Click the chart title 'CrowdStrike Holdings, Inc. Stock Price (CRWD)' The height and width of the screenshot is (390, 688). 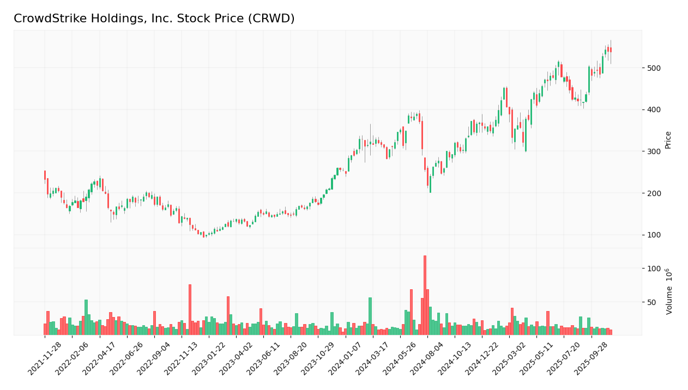click(x=154, y=19)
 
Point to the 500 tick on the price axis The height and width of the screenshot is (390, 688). click(x=654, y=68)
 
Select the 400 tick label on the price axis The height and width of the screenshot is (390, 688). click(x=654, y=109)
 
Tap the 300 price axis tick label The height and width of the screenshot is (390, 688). click(x=654, y=151)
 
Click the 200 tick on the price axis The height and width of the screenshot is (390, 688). click(x=654, y=193)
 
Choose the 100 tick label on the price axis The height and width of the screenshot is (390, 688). click(x=654, y=235)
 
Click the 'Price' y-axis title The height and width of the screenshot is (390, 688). click(x=668, y=139)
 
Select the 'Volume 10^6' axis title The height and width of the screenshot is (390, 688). click(x=669, y=291)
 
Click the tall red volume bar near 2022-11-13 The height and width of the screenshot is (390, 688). click(x=190, y=309)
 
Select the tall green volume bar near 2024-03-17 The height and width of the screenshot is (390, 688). click(x=370, y=316)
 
